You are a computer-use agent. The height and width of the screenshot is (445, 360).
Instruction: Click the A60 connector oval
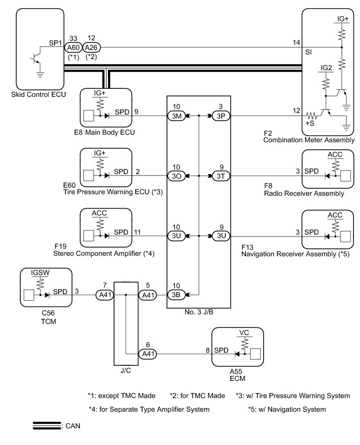tap(74, 47)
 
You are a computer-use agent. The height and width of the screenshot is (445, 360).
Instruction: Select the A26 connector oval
tap(92, 47)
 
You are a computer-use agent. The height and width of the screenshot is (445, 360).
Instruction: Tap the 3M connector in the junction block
tap(176, 116)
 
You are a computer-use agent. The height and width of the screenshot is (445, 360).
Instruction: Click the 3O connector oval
tap(176, 176)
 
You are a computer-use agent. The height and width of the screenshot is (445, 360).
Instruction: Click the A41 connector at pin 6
tap(148, 354)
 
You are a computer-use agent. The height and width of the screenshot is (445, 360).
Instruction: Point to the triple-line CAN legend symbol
tap(46, 425)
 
